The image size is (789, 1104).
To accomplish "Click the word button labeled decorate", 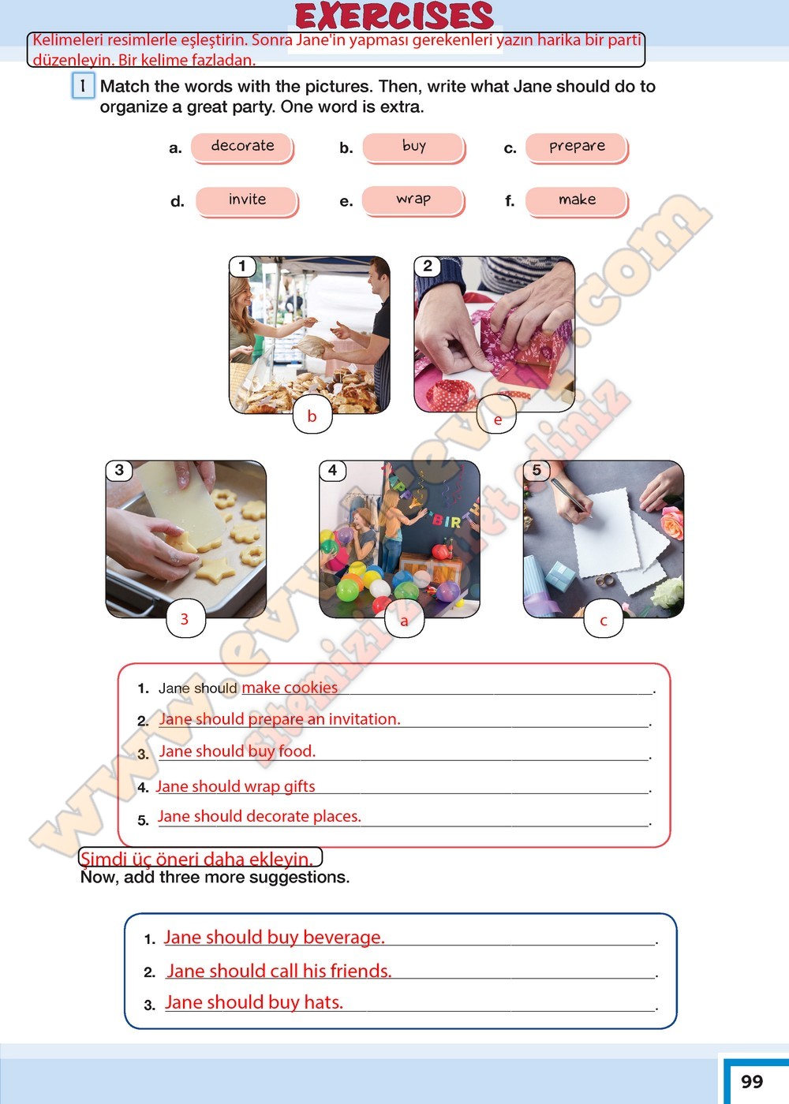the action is pos(242,147).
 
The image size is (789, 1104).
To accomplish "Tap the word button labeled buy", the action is pos(413,147).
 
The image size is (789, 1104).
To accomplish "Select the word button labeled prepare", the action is pos(577,147).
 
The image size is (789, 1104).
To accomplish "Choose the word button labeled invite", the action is pos(247,201).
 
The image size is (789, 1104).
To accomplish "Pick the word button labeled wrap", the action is pos(413,200).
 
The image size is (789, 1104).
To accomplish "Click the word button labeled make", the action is pos(577,201).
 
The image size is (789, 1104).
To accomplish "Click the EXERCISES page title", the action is pos(394,17).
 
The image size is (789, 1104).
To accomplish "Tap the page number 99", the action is pos(751,1081).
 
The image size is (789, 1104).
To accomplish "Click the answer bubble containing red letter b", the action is pos(312,416).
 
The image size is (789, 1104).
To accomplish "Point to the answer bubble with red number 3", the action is pos(185,618).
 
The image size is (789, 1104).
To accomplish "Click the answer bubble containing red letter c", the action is pos(603,619).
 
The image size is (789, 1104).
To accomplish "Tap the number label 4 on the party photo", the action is pos(332,470).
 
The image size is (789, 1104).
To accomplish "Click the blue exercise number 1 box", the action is pos(83,86).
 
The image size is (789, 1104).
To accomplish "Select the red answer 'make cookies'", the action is pos(290,688).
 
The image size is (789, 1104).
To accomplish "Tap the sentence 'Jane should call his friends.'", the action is pos(279,971).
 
